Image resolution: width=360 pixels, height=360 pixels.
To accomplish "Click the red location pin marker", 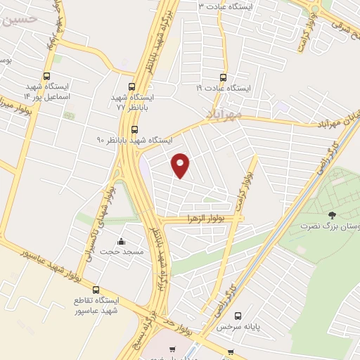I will (181, 165).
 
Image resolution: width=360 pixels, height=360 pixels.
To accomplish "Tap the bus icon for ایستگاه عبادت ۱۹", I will (224, 77).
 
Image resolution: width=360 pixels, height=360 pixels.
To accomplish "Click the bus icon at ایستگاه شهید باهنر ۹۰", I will (134, 129).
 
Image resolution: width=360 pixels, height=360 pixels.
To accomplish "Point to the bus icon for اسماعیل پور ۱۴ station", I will (46, 77).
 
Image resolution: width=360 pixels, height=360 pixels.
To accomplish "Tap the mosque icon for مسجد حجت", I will (121, 241).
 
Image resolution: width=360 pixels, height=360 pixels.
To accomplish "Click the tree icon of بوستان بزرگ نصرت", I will (332, 214).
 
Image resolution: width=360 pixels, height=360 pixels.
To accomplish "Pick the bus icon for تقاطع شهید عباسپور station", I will (96, 290).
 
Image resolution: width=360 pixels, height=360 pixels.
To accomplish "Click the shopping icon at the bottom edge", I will (173, 349).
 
